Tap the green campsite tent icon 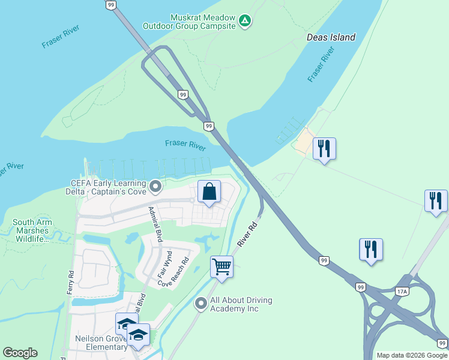[x=245, y=22]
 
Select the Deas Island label [x=331, y=37]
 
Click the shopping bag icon [x=209, y=192]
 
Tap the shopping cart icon [x=221, y=267]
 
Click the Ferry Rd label [x=71, y=281]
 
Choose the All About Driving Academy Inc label [x=241, y=304]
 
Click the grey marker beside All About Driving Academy [x=200, y=304]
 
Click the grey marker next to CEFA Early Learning [x=155, y=187]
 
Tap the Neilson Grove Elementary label [x=101, y=343]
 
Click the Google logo [x=20, y=353]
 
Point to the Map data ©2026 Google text [x=412, y=355]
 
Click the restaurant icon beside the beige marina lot [x=324, y=148]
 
